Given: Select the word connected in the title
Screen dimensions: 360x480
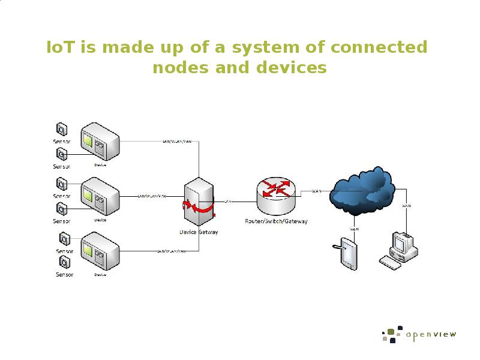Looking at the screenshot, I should (380, 47).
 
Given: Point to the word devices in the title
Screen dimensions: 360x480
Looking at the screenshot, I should (289, 67).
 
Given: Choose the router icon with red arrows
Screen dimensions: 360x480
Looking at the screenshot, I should (276, 195).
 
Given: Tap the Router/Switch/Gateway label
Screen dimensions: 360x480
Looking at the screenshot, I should (276, 221).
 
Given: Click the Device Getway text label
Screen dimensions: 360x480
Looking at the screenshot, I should (199, 232).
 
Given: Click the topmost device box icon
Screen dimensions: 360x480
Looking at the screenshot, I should (100, 142).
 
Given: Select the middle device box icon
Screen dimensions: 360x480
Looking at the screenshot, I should (100, 196).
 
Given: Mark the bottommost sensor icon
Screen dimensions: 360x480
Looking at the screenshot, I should (62, 262).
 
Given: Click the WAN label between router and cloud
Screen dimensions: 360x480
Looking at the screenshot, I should (316, 191).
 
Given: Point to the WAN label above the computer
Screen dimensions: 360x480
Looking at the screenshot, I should (406, 206).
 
